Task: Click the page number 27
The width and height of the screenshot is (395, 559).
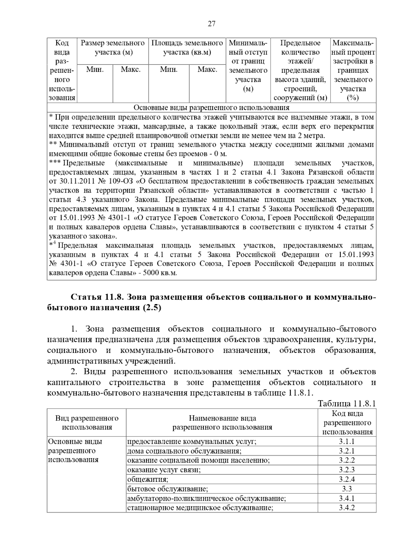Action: pos(211,24)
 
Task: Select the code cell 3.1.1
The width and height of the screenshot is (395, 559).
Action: pos(347,441)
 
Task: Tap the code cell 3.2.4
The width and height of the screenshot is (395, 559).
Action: pos(347,479)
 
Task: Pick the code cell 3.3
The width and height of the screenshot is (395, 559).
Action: pos(347,489)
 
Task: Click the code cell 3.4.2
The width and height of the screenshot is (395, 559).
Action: pos(347,508)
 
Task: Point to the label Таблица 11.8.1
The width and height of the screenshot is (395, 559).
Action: pos(347,404)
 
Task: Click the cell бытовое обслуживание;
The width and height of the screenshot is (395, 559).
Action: pos(168,489)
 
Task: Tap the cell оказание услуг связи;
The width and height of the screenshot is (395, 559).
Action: pos(164,470)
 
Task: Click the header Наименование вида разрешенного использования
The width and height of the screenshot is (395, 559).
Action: pos(222,423)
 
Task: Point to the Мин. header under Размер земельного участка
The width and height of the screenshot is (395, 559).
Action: pos(95,70)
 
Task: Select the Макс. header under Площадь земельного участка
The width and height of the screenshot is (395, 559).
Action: pos(207,70)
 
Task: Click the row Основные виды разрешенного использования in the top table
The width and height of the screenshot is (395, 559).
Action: pos(211,108)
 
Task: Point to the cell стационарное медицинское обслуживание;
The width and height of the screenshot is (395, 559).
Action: pos(200,508)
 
